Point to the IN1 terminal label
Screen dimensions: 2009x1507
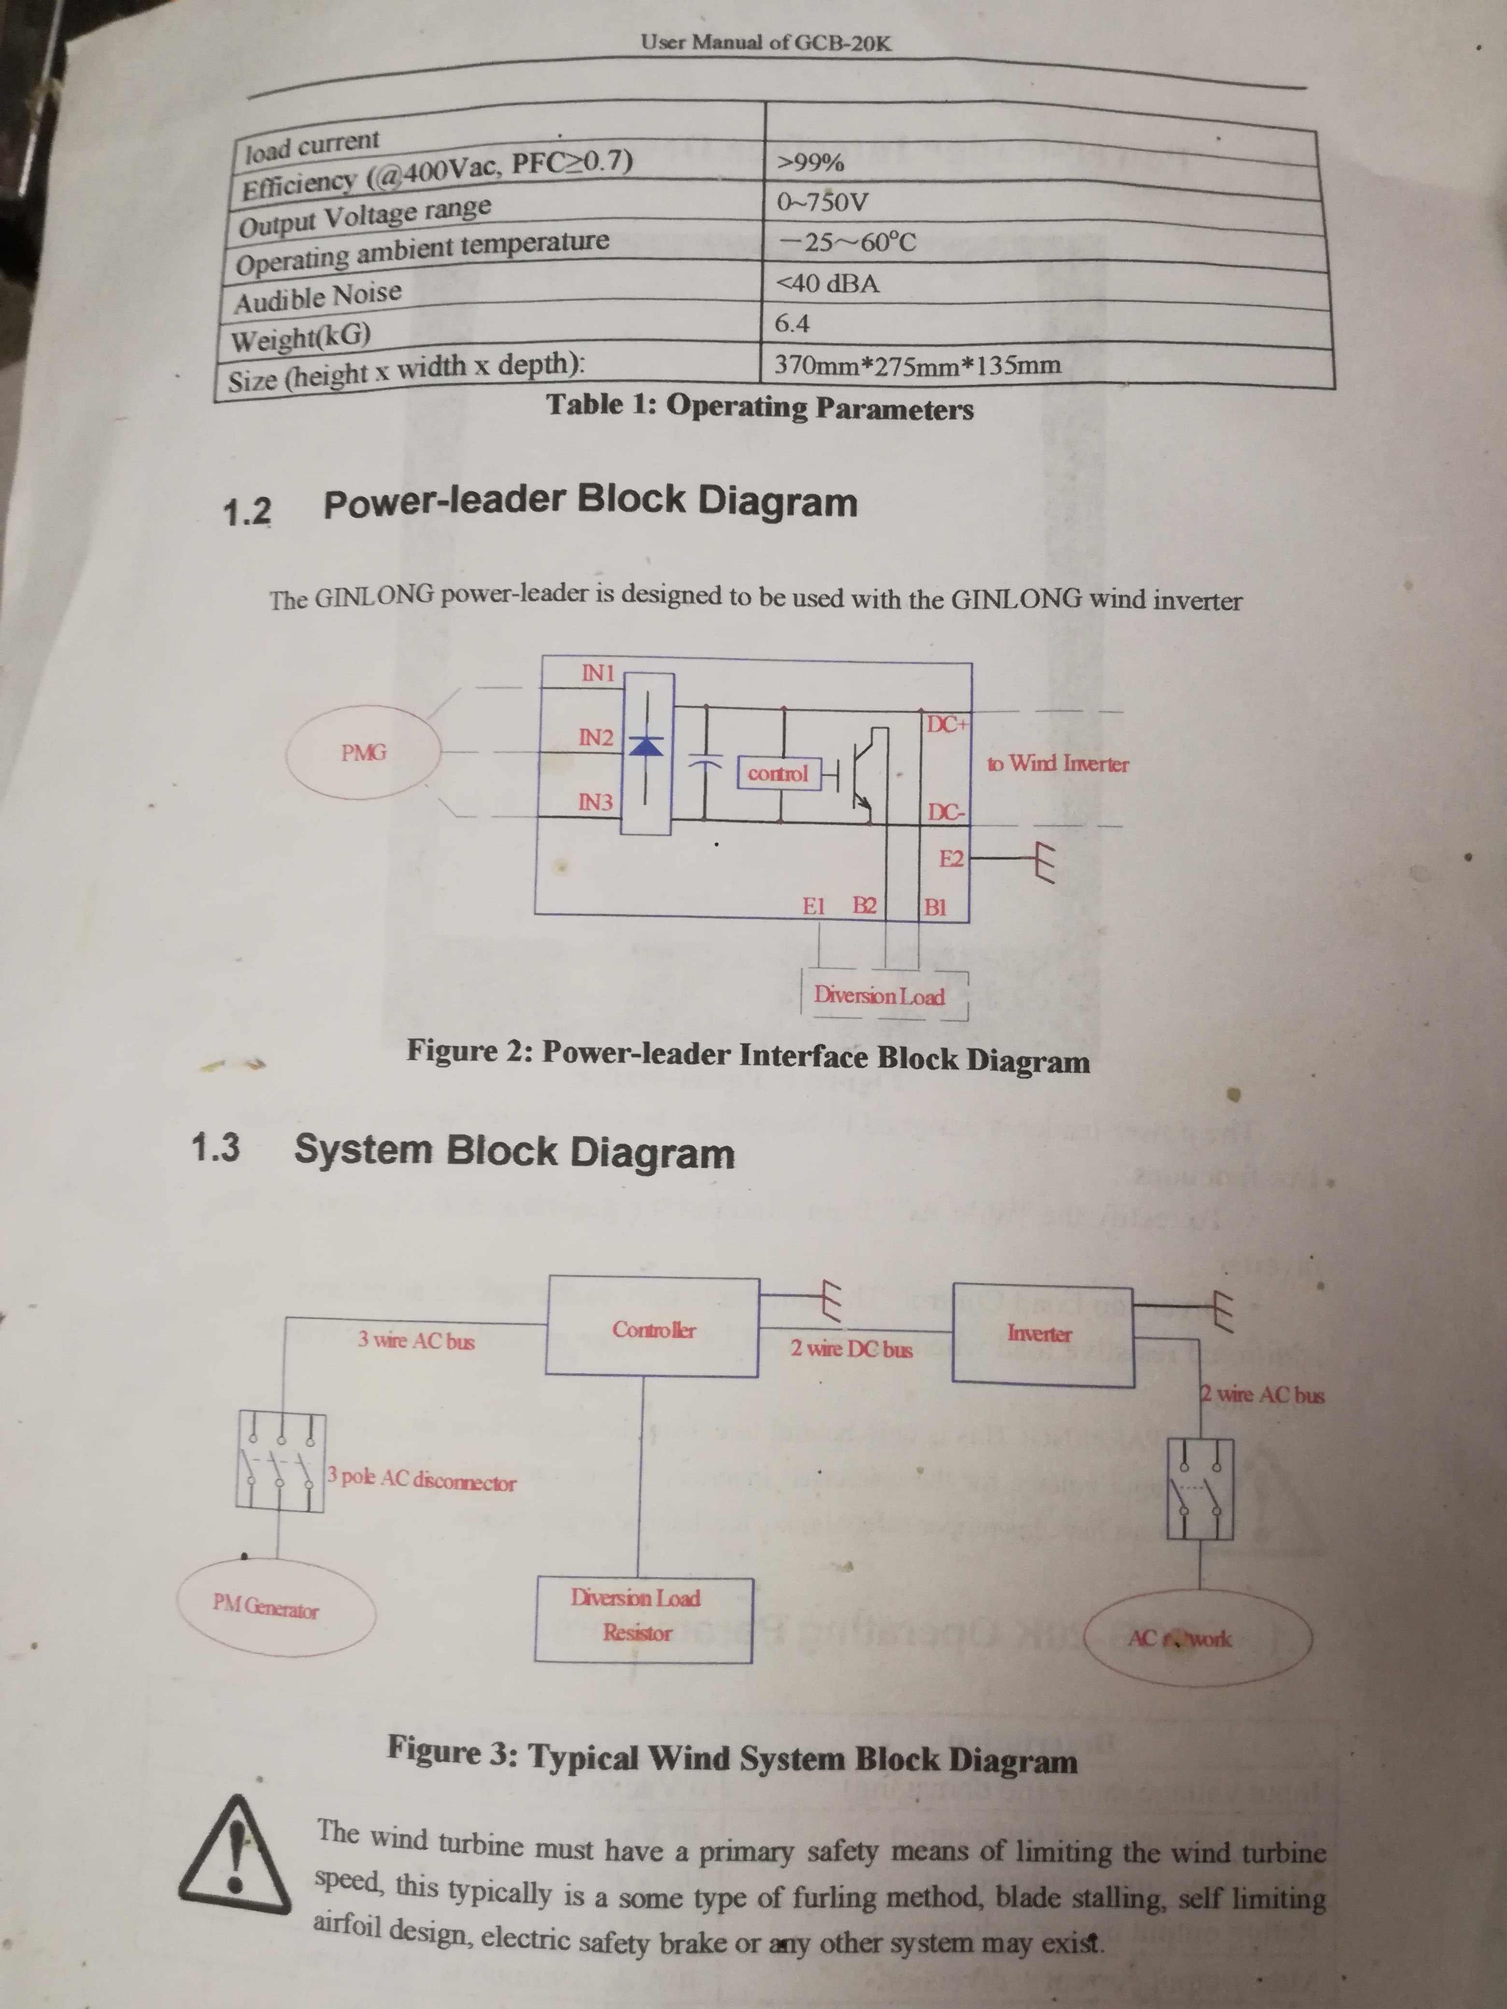[x=597, y=673]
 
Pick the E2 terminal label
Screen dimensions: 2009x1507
[x=951, y=858]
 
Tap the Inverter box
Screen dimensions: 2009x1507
[x=1041, y=1333]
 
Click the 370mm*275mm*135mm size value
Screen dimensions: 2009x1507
[x=917, y=365]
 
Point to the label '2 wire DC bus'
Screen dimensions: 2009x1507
[x=851, y=1349]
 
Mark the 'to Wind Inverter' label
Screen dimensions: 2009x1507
[x=1057, y=764]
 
